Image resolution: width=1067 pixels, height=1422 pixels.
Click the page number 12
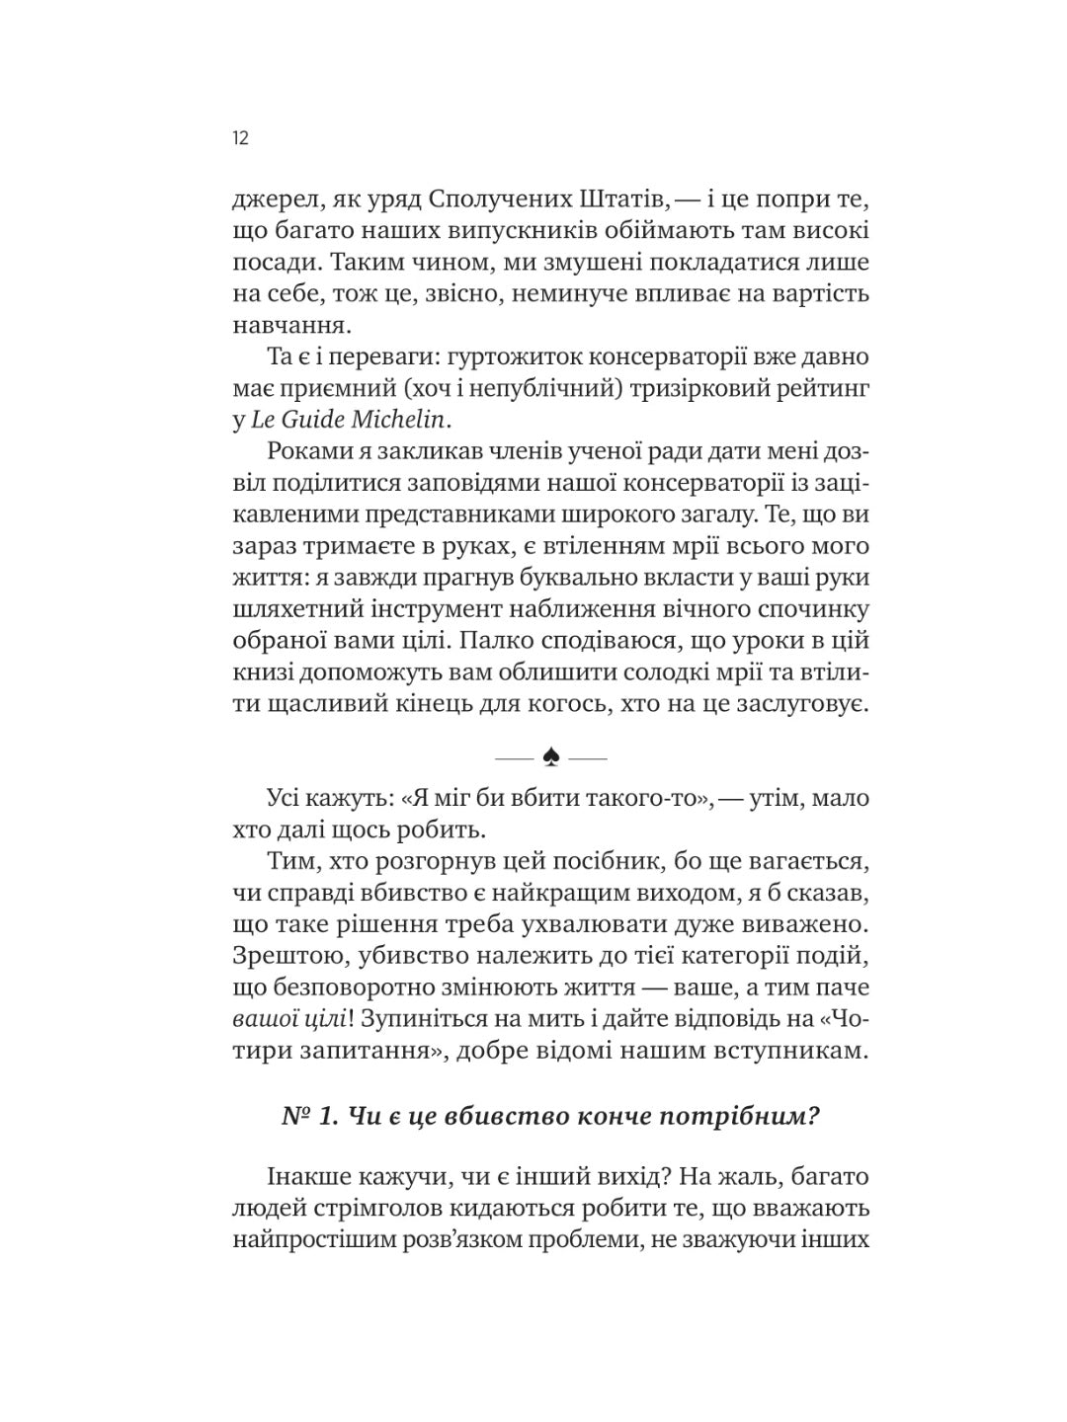(x=241, y=138)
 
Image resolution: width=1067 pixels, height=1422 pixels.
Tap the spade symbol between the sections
(x=550, y=758)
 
